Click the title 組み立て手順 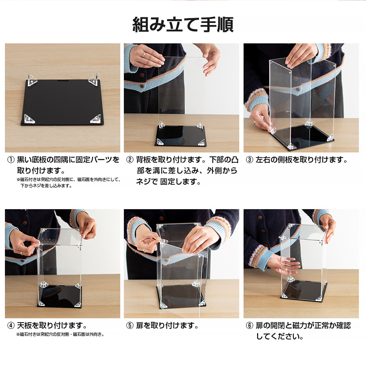tap(183, 24)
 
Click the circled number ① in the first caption tap(11, 160)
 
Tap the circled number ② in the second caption tap(130, 160)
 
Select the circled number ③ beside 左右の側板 tap(249, 160)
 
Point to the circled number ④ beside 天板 tap(11, 325)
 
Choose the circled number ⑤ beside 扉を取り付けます tap(130, 325)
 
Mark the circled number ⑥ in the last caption tap(249, 325)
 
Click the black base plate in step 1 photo tap(62, 102)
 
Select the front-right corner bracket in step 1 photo tap(96, 119)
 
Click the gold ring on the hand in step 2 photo tap(144, 55)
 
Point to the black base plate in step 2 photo tap(181, 136)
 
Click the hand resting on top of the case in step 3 tap(301, 56)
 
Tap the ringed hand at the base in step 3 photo tap(261, 118)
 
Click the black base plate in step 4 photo tap(60, 296)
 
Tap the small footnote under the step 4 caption tap(61, 335)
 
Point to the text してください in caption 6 tap(280, 337)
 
